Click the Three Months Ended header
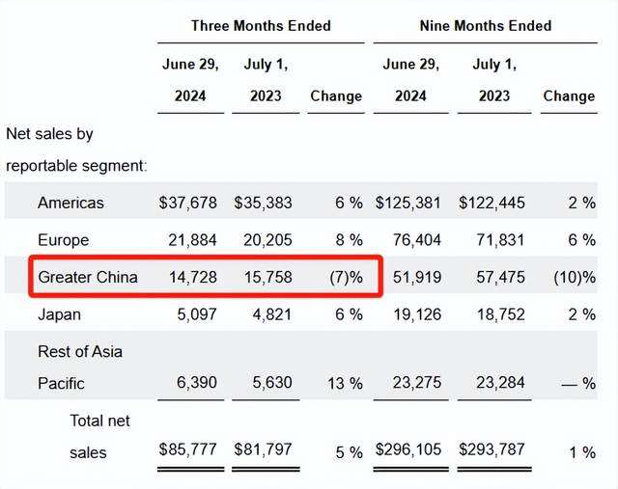[261, 26]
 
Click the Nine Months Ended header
[486, 26]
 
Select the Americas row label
[70, 203]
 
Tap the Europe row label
[63, 240]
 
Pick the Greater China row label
[88, 278]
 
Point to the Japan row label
[59, 314]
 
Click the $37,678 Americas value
[188, 203]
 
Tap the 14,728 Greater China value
[193, 278]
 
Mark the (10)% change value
[575, 278]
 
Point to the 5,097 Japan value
[197, 314]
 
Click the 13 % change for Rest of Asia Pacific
[345, 383]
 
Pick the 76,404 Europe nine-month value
[417, 240]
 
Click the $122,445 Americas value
[492, 203]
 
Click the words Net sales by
[49, 134]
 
